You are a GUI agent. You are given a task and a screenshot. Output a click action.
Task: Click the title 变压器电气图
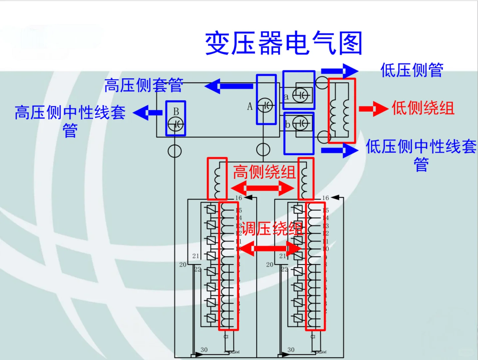pyautogui.click(x=283, y=43)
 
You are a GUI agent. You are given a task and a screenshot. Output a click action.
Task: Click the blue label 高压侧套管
pyautogui.click(x=144, y=85)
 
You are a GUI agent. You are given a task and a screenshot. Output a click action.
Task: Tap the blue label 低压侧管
pyautogui.click(x=412, y=70)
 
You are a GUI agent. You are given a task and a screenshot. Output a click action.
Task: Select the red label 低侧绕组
pyautogui.click(x=423, y=108)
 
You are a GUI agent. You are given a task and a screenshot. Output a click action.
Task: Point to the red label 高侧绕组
pyautogui.click(x=264, y=172)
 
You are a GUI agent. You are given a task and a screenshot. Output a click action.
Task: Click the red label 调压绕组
pyautogui.click(x=271, y=229)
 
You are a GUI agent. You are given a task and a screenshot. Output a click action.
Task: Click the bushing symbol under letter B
pyautogui.click(x=176, y=124)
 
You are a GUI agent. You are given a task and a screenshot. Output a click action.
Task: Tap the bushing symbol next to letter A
pyautogui.click(x=266, y=106)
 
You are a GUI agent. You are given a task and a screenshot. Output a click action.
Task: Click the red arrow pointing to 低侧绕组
pyautogui.click(x=373, y=109)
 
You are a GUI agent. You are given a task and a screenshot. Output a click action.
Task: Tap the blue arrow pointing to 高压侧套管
pyautogui.click(x=229, y=86)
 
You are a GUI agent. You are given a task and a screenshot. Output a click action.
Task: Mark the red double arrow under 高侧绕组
pyautogui.click(x=263, y=188)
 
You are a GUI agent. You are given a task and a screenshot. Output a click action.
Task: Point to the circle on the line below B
pyautogui.click(x=175, y=151)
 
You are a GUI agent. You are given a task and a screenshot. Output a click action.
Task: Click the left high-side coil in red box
pyautogui.click(x=218, y=179)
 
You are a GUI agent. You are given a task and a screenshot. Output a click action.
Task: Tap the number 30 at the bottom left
pyautogui.click(x=204, y=350)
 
